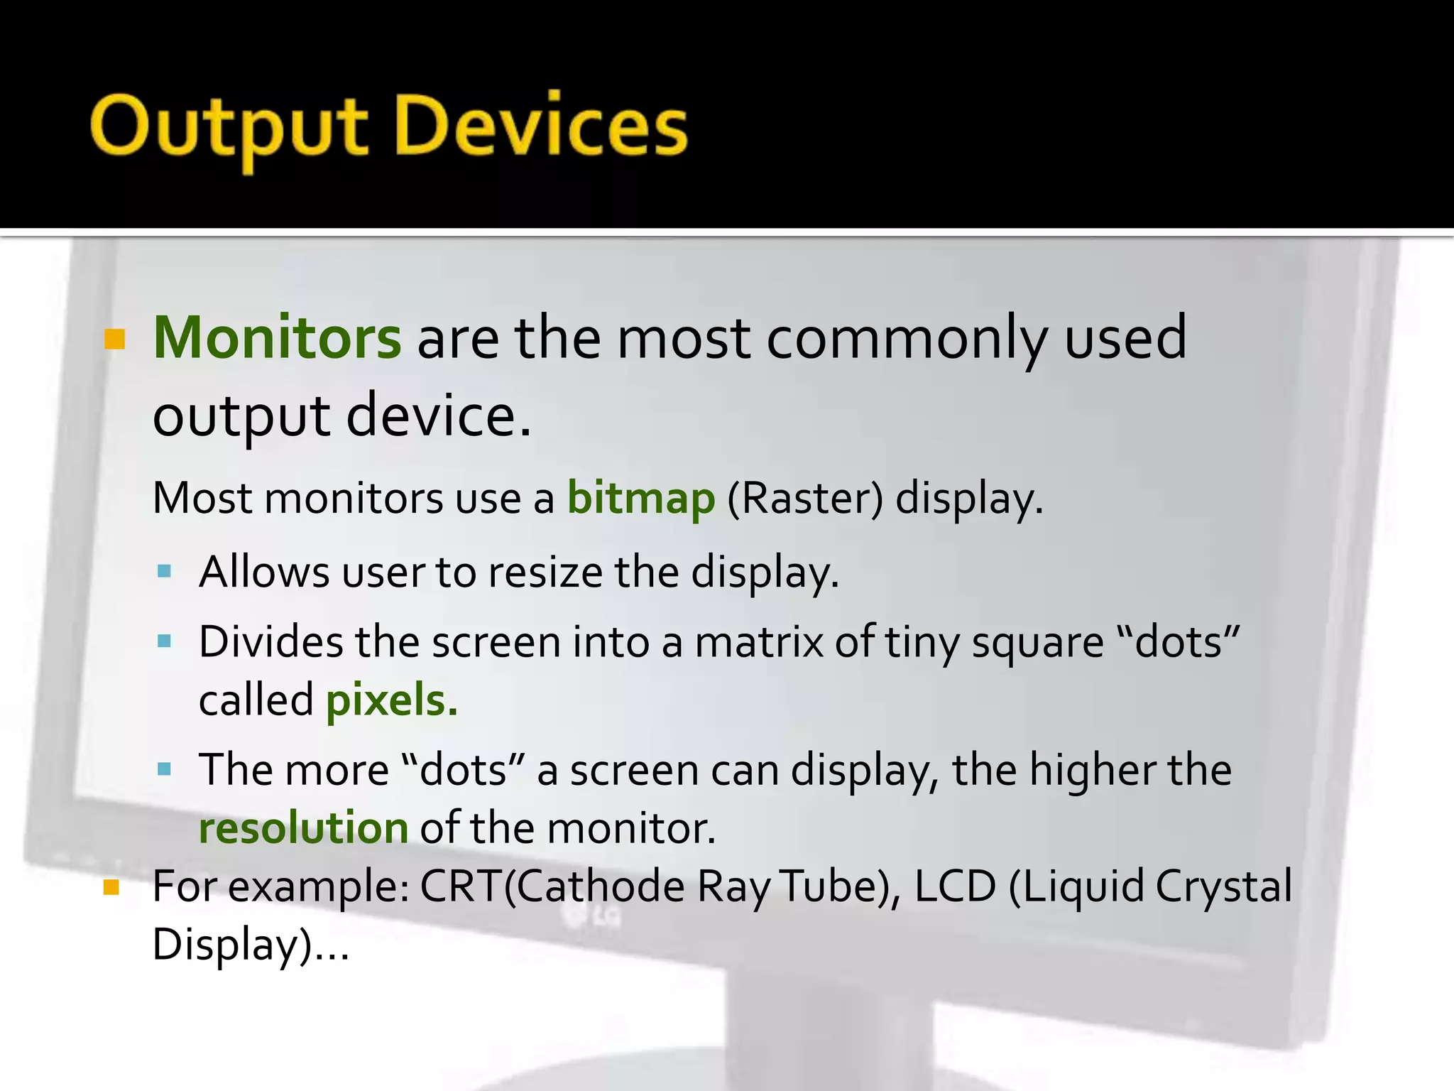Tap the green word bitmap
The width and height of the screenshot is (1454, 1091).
640,499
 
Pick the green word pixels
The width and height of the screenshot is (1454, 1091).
391,700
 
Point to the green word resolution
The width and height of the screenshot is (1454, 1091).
303,828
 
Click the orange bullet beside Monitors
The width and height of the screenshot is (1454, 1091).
114,340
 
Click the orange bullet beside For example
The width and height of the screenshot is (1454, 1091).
111,888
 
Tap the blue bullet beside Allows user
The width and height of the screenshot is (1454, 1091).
165,571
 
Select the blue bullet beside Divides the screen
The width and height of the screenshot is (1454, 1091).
165,641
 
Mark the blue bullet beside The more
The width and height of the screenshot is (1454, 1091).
165,769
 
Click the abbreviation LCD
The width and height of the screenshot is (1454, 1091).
955,886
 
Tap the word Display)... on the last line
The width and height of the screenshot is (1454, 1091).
251,945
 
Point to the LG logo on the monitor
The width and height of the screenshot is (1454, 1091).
592,917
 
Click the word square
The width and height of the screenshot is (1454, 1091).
1037,642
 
